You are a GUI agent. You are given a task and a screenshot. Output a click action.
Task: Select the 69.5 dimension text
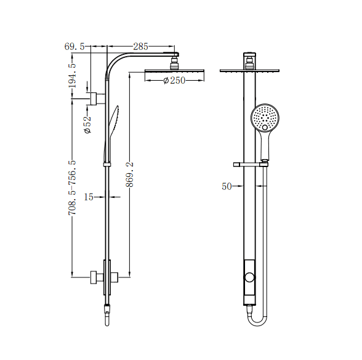pyautogui.click(x=74, y=46)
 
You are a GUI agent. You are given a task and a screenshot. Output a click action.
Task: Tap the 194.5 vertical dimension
pyautogui.click(x=73, y=73)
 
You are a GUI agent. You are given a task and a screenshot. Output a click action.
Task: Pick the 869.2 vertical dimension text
pyautogui.click(x=129, y=179)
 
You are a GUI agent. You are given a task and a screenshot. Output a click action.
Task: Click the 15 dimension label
pyautogui.click(x=88, y=197)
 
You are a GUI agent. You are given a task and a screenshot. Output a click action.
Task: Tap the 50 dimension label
pyautogui.click(x=227, y=186)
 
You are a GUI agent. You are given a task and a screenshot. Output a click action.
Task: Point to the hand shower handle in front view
pyautogui.click(x=265, y=145)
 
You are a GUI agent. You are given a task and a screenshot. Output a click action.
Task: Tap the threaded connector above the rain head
pyautogui.click(x=175, y=62)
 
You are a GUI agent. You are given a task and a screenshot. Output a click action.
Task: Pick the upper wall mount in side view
pyautogui.click(x=97, y=98)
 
